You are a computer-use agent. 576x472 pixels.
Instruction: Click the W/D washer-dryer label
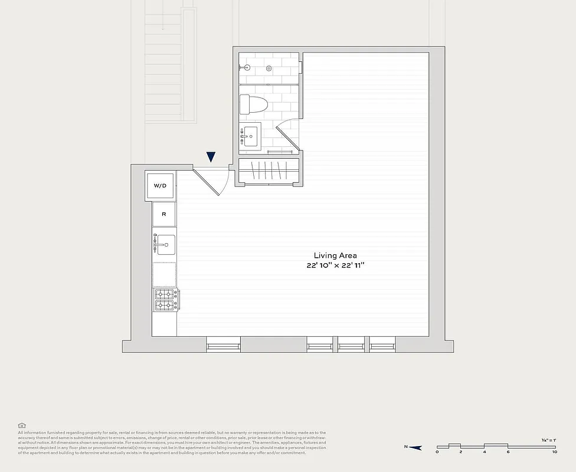pos(160,186)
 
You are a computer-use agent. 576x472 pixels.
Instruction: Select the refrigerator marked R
pos(163,215)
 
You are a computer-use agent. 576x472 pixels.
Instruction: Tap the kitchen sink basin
pos(165,244)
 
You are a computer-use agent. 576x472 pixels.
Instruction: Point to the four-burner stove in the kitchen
pos(166,299)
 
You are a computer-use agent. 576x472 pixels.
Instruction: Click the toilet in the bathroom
pos(255,105)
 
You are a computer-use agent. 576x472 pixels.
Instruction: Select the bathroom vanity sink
pos(250,137)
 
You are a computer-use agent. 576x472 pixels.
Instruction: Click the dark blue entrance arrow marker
pos(211,157)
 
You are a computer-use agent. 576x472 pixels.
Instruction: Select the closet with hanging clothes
pos(268,171)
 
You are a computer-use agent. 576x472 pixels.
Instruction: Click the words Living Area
pos(335,255)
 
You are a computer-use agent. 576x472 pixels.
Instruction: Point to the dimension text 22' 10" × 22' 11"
pos(335,266)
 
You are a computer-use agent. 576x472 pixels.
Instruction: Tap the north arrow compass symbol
pos(415,448)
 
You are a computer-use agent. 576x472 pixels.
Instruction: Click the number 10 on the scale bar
pos(554,453)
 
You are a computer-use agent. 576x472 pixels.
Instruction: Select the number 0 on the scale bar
pos(437,453)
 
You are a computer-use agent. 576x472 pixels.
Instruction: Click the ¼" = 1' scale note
pos(549,440)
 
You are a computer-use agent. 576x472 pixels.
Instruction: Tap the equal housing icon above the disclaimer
pos(22,425)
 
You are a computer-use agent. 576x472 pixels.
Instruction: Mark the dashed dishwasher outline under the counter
pos(165,274)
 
